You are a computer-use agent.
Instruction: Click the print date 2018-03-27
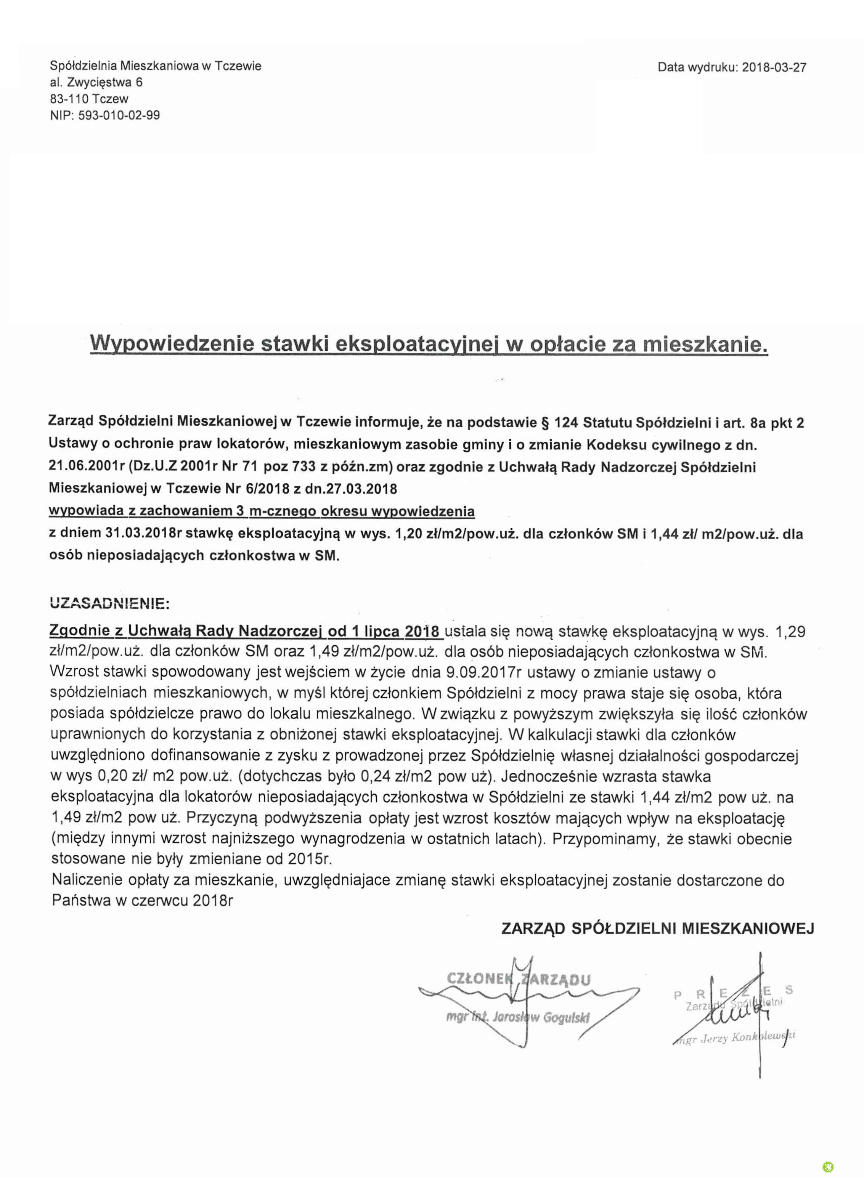[x=774, y=67]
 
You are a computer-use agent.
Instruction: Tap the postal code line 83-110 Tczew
[x=89, y=99]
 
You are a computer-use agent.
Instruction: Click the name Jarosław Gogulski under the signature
[x=544, y=1018]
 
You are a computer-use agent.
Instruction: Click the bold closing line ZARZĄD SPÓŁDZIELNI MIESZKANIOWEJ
[x=657, y=928]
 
